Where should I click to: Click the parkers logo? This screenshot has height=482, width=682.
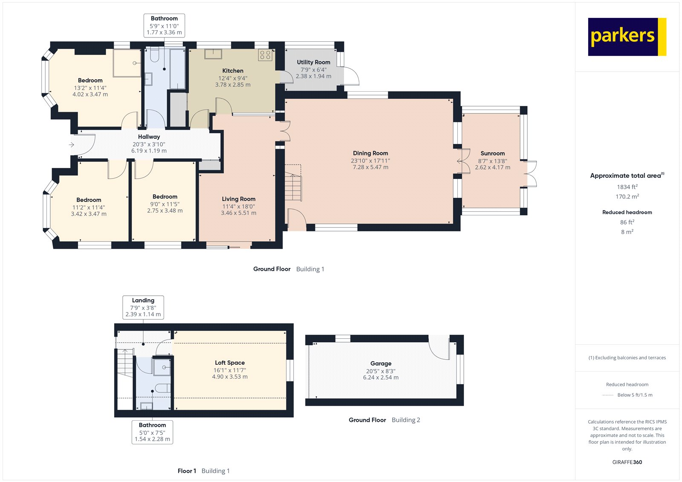point(627,37)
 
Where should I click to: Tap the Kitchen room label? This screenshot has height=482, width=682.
point(233,71)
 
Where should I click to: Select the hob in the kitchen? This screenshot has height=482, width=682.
point(265,55)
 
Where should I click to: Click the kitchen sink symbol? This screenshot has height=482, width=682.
point(213,54)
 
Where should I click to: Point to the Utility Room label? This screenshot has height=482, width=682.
point(313,62)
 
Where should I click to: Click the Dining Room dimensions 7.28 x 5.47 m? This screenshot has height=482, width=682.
point(370,167)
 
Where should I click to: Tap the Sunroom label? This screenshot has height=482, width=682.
point(492,153)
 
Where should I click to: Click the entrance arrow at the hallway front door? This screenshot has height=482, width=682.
point(72,145)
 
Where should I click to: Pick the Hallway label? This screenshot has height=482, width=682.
point(149,137)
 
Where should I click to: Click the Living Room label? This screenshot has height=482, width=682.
point(238,199)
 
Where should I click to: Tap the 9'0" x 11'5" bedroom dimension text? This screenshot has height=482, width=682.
point(165,204)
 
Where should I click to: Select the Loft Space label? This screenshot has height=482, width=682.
point(229,363)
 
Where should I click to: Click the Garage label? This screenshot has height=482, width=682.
point(381,364)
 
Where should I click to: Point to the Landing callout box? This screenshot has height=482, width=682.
point(143,307)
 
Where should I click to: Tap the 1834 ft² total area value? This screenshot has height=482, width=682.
point(627,187)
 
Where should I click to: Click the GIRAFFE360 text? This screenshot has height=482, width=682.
point(627,462)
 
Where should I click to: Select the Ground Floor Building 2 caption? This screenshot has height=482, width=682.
point(384,420)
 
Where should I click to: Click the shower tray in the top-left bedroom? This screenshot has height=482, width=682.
point(127,63)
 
